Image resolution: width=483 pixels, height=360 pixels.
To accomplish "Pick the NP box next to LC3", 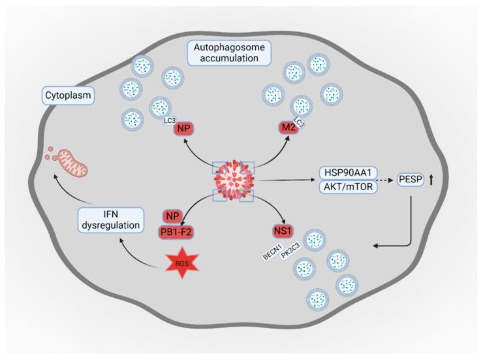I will point(183,129).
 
